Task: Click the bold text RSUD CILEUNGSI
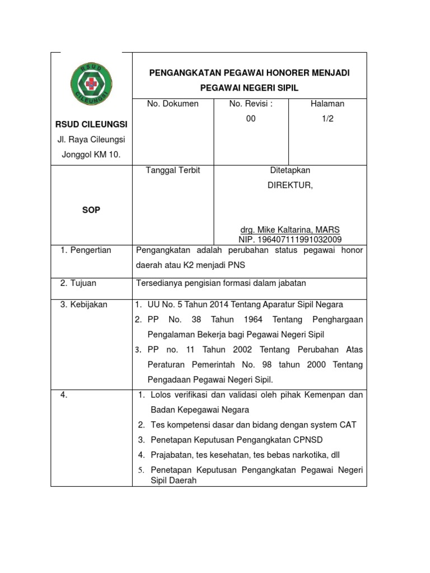[91, 124]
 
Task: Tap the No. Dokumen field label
[172, 104]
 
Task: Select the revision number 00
[251, 119]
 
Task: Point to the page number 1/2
[328, 119]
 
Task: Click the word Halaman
[328, 104]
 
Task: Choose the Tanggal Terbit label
[173, 170]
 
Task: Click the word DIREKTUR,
[289, 185]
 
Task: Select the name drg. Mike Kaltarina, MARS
[289, 230]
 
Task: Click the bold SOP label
[91, 210]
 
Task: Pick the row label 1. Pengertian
[86, 250]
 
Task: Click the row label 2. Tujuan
[79, 284]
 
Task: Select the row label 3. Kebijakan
[83, 304]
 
